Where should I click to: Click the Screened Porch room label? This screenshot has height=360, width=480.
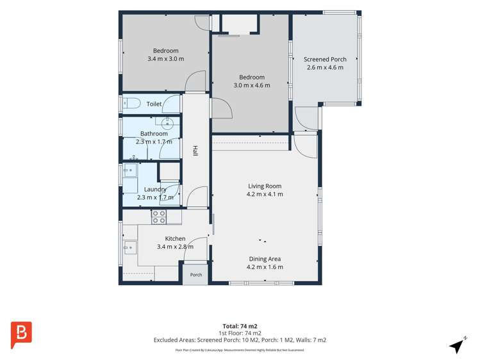point(325,60)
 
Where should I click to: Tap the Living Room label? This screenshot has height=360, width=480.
point(265,186)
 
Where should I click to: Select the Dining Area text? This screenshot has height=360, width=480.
point(265,259)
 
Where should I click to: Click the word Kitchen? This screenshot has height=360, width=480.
point(175,238)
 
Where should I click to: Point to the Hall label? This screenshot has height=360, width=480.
point(195,151)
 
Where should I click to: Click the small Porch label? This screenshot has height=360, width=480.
point(196,275)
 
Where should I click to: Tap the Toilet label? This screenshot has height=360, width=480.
point(154,104)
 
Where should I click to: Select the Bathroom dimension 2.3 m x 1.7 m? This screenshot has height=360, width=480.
point(154,142)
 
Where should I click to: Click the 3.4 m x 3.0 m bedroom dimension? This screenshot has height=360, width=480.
point(165,59)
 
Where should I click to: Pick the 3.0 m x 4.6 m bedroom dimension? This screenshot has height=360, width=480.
point(252,85)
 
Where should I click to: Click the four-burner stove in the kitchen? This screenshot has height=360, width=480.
point(159,217)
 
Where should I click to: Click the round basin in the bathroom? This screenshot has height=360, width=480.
point(167,123)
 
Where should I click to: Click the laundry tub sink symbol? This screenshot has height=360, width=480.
point(130,170)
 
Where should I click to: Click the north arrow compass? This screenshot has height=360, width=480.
point(458,345)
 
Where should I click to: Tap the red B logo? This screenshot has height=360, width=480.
point(21,334)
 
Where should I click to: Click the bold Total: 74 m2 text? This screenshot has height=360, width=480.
point(240,326)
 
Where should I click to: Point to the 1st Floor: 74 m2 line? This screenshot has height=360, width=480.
point(240,333)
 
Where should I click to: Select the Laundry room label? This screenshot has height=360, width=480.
point(155,190)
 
